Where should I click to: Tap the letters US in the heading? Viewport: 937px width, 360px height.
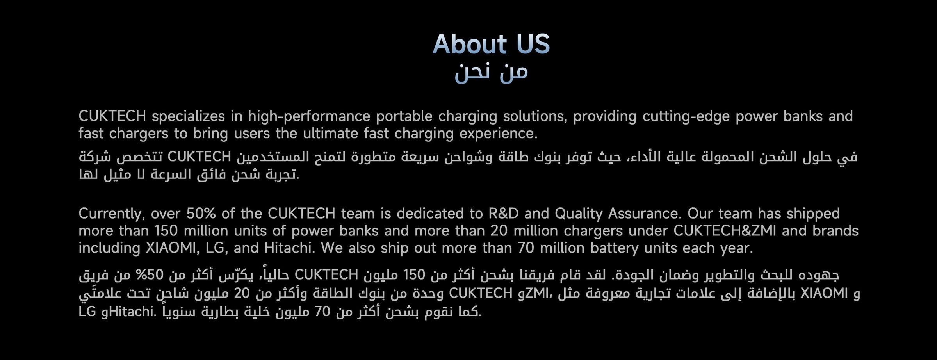[533, 44]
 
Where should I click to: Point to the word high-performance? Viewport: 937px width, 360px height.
[309, 117]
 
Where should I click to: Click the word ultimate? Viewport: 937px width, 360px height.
[330, 134]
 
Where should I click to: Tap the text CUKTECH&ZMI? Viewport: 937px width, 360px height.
[725, 231]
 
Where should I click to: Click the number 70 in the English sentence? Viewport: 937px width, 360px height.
[526, 248]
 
